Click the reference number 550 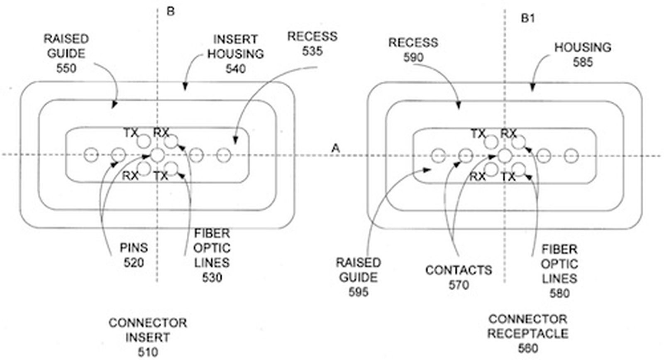tap(66, 68)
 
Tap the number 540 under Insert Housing tap(235, 69)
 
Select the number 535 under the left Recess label tap(312, 51)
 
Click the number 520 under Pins tap(134, 263)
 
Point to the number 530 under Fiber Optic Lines tap(212, 277)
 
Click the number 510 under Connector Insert tap(148, 352)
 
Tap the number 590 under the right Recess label tap(413, 57)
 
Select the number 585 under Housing tap(583, 62)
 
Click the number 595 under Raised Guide tap(358, 292)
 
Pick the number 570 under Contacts tap(459, 285)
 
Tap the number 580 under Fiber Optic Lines tap(559, 293)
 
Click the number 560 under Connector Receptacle tap(528, 348)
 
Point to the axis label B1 tap(528, 18)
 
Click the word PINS tap(134, 248)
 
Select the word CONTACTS tap(459, 270)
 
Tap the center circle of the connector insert tap(157, 155)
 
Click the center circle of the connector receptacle tap(505, 156)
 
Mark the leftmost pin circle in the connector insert tap(91, 155)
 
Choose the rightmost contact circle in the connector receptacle tap(571, 156)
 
